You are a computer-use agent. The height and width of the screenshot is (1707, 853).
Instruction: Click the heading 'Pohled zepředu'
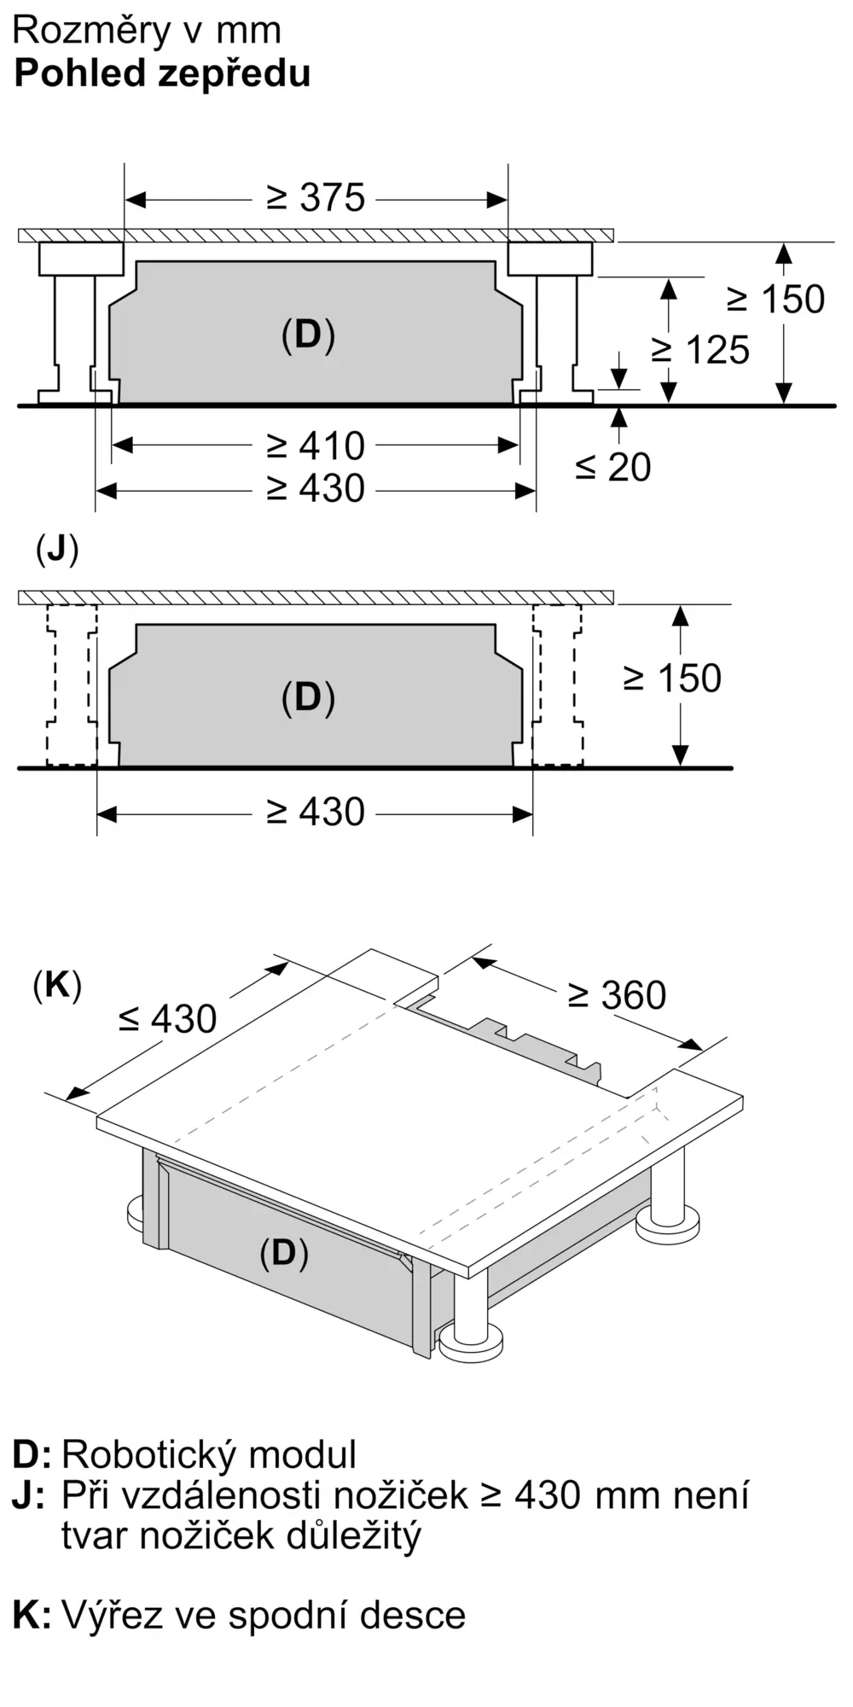coord(162,74)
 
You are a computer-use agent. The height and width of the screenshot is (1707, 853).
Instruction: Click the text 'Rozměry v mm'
coord(147,31)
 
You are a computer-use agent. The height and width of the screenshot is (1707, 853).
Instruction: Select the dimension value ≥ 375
coord(316,198)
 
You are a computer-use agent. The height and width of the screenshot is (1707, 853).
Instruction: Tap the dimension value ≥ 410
coord(316,446)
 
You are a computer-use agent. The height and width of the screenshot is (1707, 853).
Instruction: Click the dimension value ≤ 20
coord(612,467)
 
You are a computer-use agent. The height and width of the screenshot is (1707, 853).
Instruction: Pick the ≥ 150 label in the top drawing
coord(775,300)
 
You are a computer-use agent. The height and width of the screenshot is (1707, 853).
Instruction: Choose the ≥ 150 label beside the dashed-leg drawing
coord(672,679)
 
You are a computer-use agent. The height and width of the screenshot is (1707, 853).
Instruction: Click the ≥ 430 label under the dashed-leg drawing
coord(316,812)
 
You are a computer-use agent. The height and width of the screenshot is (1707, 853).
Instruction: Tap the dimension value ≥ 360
coord(617,995)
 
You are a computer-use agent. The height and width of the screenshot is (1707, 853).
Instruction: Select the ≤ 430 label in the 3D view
coord(167,1019)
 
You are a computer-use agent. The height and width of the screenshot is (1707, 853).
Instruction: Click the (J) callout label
coord(57,551)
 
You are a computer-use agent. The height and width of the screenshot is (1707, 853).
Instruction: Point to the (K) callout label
coord(57,986)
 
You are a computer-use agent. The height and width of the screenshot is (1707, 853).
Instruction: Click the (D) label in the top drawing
coord(308,335)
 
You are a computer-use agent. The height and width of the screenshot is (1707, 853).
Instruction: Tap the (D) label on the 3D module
coord(283,1253)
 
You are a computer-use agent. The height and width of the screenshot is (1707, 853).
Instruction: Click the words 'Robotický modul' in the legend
coord(209,1454)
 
